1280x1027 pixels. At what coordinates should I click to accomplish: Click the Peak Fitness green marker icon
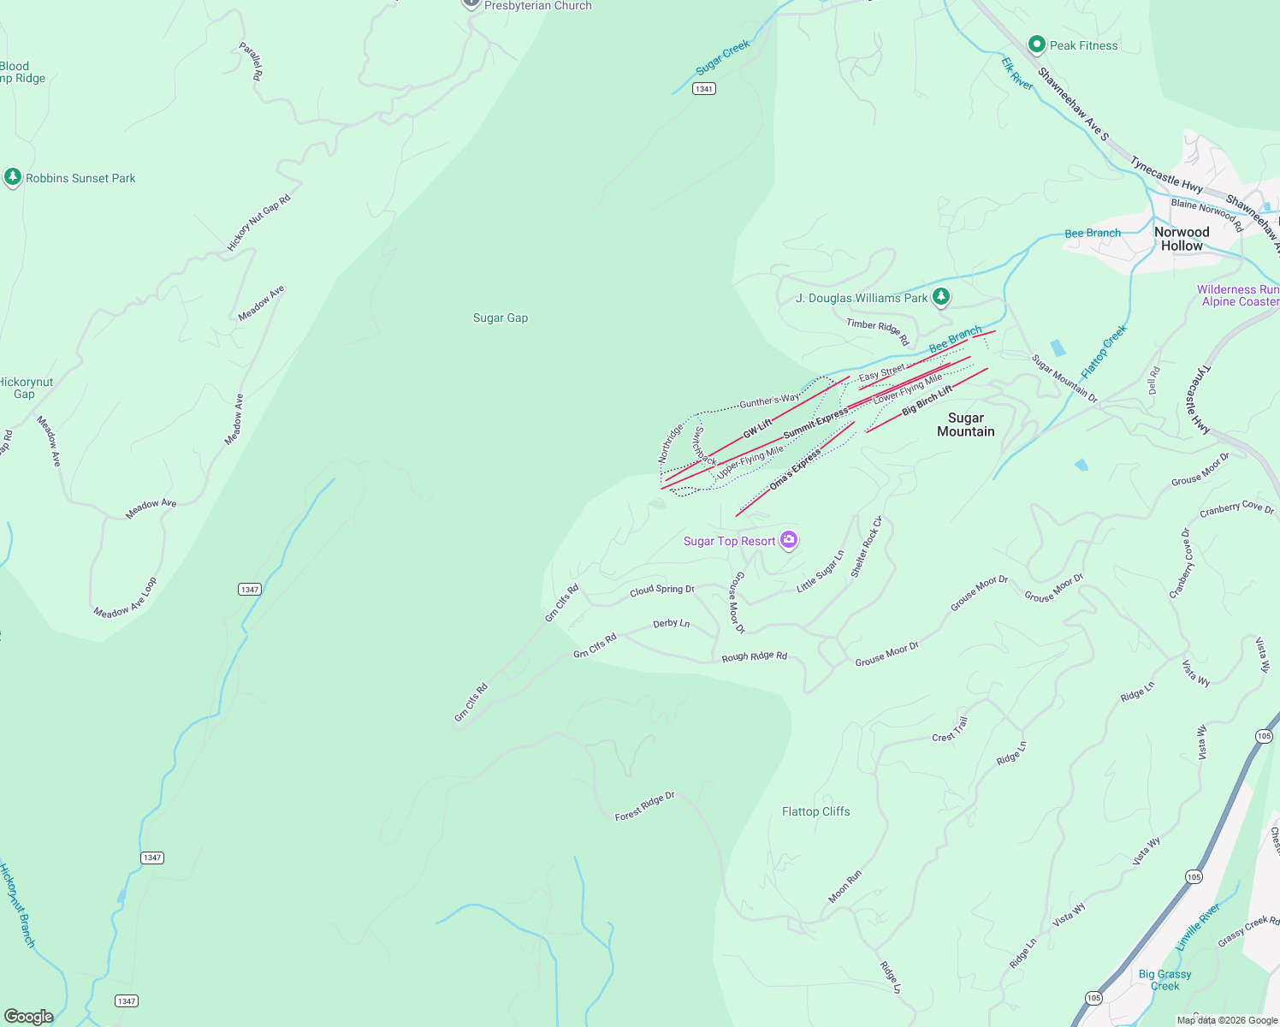point(1037,44)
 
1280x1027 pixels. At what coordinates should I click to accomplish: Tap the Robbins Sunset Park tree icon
point(12,177)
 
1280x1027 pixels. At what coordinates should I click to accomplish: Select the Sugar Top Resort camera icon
point(789,540)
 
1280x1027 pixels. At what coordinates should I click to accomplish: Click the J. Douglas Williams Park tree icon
point(941,297)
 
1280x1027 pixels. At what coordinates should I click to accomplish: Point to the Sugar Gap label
point(501,318)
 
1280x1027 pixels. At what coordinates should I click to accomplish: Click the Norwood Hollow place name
point(1182,239)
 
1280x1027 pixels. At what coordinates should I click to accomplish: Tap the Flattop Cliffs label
point(815,811)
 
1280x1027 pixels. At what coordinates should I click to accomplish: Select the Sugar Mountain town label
point(965,424)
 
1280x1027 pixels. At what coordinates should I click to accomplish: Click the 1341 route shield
point(703,89)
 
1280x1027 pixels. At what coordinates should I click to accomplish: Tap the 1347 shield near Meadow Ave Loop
point(249,589)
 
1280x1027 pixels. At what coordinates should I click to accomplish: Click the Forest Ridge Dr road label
point(645,806)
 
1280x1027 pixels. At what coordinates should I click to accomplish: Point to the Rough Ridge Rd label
point(754,656)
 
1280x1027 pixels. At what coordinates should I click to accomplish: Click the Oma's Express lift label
point(795,470)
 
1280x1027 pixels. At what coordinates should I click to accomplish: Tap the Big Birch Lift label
point(927,401)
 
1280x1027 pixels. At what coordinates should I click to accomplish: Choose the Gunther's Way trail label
point(769,401)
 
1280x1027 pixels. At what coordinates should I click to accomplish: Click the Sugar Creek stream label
point(723,57)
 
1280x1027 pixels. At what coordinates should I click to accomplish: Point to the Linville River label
point(1198,927)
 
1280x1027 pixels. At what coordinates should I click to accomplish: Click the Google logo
point(28,1016)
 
